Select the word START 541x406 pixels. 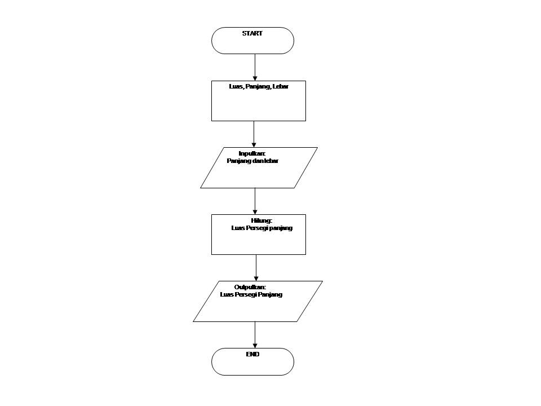252,33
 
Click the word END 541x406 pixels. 252,354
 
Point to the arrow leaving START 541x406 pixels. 255,67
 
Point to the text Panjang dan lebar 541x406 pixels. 252,161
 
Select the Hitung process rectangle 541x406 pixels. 258,240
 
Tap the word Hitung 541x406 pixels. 261,220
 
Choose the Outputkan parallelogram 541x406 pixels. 258,307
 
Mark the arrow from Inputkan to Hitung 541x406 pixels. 255,201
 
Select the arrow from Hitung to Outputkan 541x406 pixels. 256,267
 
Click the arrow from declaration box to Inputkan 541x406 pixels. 254,134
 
